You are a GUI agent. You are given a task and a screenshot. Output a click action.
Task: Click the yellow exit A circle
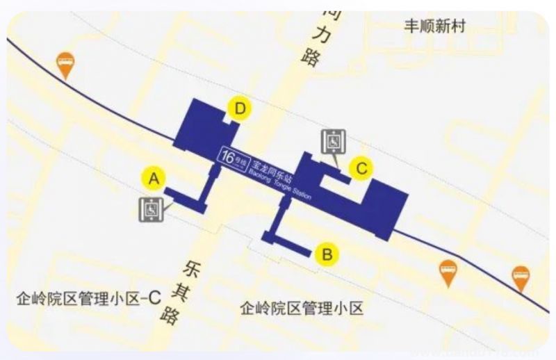pyautogui.click(x=154, y=178)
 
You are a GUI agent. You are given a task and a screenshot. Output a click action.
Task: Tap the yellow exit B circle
pyautogui.click(x=327, y=254)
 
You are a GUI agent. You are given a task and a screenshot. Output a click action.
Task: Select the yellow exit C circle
pyautogui.click(x=361, y=167)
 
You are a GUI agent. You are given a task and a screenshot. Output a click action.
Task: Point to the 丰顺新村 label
pyautogui.click(x=435, y=27)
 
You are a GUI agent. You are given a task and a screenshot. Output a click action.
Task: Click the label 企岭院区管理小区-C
pyautogui.click(x=90, y=300)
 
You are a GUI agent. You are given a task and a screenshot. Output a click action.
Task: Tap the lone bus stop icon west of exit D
pyautogui.click(x=65, y=65)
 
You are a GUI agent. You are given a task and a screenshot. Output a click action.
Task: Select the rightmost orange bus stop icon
pyautogui.click(x=521, y=277)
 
